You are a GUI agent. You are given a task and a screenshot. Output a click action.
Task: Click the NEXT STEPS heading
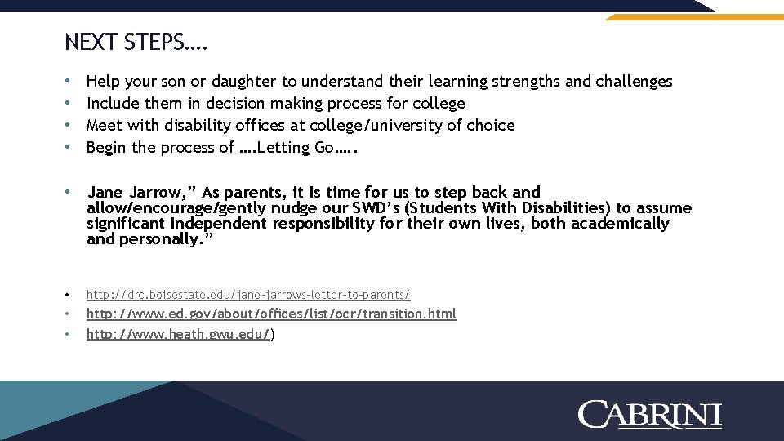coord(136,42)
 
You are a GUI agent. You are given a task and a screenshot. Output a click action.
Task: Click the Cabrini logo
coord(649,414)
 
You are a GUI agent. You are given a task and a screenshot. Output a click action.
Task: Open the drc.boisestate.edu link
coord(248,294)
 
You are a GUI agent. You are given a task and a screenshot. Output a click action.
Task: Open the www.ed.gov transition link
coord(271,314)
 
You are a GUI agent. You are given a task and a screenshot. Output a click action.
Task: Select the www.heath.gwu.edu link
coord(178,333)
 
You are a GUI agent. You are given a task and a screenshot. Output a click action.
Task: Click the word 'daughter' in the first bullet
coord(244,81)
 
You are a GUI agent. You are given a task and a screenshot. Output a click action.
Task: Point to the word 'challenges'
coord(634,81)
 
